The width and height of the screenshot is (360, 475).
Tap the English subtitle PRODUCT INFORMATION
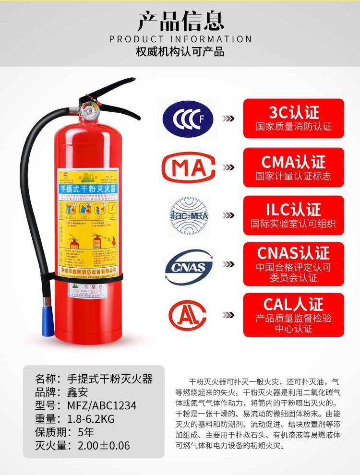[180, 39]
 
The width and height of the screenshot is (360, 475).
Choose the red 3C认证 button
[293, 119]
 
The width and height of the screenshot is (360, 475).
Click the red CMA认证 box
[293, 167]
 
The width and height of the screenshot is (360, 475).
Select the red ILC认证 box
[293, 215]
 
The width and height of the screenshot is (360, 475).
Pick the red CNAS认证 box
[293, 264]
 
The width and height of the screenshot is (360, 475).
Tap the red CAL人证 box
[293, 315]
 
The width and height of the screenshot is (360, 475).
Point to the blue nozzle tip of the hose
[48, 322]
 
